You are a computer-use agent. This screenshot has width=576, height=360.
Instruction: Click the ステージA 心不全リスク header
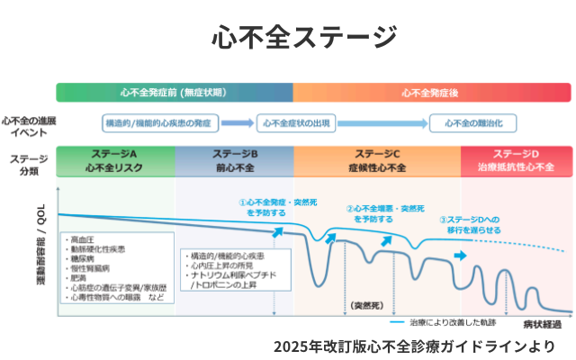tap(114, 160)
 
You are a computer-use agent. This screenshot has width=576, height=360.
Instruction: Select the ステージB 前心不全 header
tap(235, 160)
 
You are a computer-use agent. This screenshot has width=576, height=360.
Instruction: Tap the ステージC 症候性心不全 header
tap(377, 160)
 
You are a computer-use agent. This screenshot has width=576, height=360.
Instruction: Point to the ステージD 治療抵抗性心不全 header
tap(516, 160)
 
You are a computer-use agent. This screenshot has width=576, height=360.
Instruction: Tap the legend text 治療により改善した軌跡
tap(449, 321)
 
